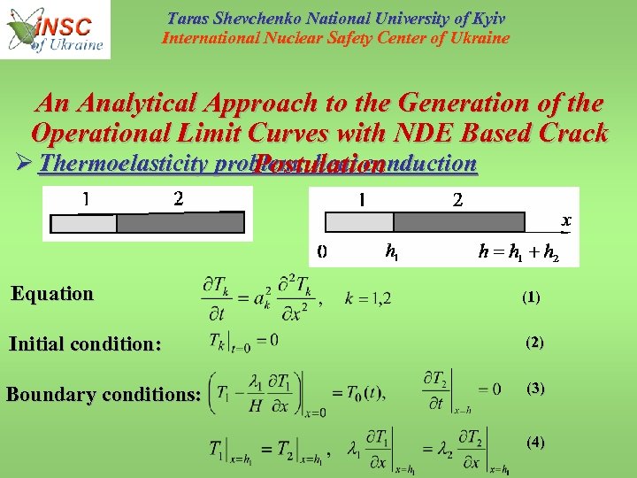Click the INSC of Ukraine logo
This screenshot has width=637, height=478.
56,29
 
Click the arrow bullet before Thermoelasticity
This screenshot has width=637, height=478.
22,164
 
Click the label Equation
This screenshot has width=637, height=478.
52,294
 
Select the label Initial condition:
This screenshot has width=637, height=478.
85,344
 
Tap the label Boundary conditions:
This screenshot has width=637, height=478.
104,394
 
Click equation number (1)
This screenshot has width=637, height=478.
531,298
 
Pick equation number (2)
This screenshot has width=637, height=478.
535,342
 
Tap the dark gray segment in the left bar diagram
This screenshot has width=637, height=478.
180,222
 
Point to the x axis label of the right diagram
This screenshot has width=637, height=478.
566,220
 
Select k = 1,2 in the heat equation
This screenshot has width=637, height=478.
367,299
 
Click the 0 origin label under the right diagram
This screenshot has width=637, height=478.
322,251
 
